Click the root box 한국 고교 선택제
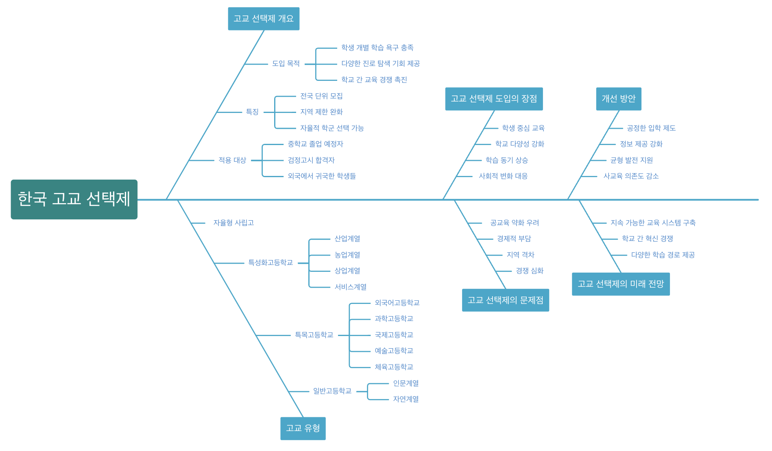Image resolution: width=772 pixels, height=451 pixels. pyautogui.click(x=74, y=199)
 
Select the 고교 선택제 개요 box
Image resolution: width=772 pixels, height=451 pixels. pyautogui.click(x=264, y=19)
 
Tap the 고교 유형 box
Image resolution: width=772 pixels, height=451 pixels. pyautogui.click(x=303, y=428)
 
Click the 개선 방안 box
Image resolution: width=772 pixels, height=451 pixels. pyautogui.click(x=619, y=99)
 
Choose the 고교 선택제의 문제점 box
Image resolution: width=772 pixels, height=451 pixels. pyautogui.click(x=506, y=300)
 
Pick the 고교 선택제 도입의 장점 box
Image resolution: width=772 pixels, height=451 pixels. pyautogui.click(x=494, y=99)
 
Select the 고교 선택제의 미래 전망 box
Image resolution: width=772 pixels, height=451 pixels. pyautogui.click(x=621, y=284)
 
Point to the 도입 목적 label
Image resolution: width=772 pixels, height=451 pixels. pyautogui.click(x=286, y=64)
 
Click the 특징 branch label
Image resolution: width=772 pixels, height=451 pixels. pyautogui.click(x=252, y=112)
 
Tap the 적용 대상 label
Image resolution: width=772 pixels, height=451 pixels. pyautogui.click(x=232, y=160)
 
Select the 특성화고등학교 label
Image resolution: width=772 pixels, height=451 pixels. pyautogui.click(x=270, y=263)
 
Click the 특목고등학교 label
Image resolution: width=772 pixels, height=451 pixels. pyautogui.click(x=314, y=335)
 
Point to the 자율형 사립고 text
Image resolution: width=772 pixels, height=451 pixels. pyautogui.click(x=233, y=223)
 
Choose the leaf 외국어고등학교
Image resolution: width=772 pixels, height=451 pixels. pyautogui.click(x=397, y=303)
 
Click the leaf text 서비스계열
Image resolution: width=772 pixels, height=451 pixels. pyautogui.click(x=351, y=287)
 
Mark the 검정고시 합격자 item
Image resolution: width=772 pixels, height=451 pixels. pyautogui.click(x=311, y=160)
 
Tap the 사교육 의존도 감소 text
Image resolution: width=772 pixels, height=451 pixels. pyautogui.click(x=631, y=176)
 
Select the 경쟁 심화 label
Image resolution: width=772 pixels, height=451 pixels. pyautogui.click(x=530, y=271)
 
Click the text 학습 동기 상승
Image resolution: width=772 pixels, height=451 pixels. pyautogui.click(x=507, y=160)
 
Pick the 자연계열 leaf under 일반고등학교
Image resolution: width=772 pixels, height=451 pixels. pyautogui.click(x=406, y=399)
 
